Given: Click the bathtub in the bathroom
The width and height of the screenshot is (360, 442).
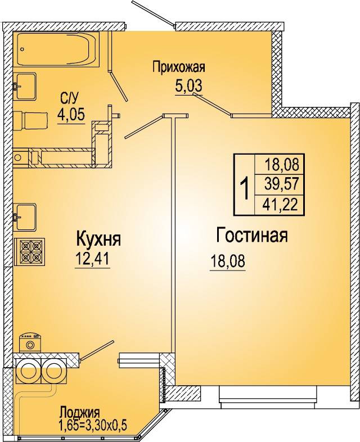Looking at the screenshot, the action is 57,49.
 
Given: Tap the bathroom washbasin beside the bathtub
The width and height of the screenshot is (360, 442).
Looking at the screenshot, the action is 25,86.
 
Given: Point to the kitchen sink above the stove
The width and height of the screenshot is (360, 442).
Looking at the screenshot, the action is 25,217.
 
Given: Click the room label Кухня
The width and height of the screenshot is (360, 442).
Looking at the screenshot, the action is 98,239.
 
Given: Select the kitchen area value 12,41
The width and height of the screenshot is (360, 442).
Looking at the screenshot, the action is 92,259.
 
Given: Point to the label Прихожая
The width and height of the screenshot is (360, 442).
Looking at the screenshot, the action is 178,67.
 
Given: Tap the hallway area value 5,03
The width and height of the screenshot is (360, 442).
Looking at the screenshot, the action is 188,85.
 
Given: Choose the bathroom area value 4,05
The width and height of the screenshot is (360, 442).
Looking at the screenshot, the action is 71,115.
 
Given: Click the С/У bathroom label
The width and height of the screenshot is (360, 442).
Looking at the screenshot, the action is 69,98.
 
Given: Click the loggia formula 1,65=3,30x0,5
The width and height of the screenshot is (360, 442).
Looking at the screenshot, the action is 92,425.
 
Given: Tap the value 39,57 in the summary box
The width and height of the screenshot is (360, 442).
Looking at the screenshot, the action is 281,184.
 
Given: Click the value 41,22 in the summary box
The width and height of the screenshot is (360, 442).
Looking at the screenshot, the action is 280,204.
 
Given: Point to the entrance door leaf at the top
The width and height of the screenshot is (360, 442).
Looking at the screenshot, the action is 152,13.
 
